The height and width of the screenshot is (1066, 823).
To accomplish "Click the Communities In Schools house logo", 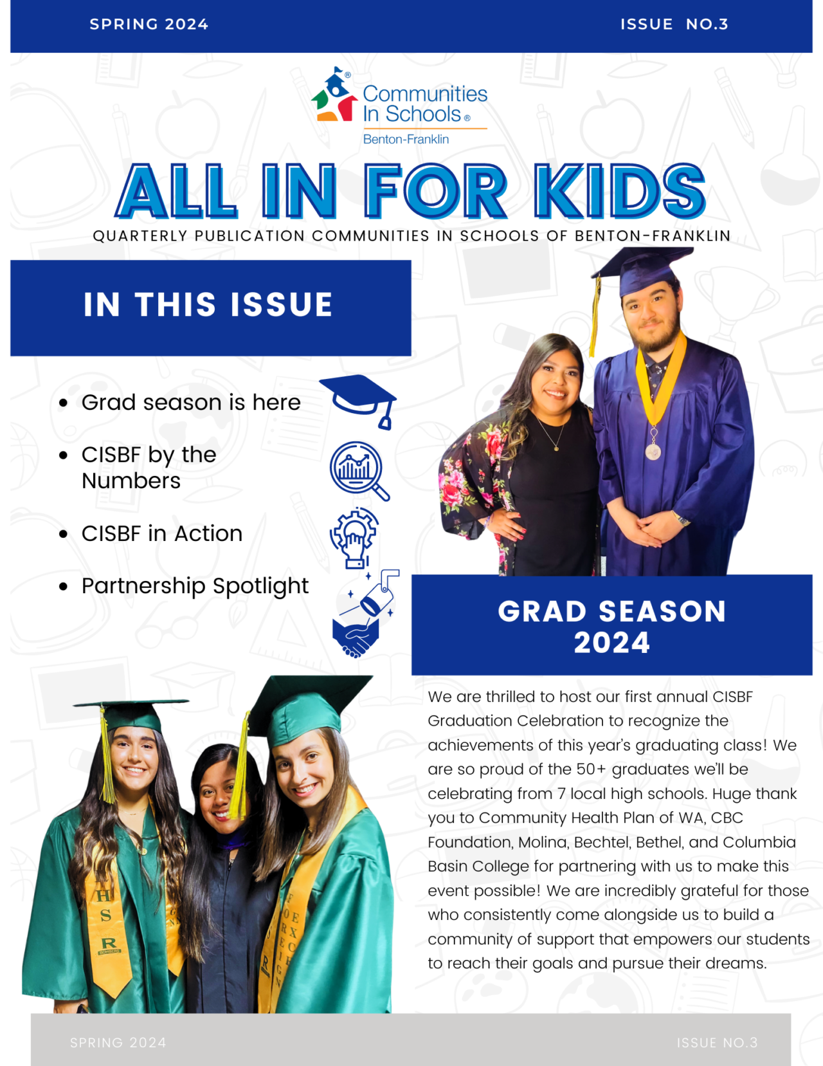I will click(334, 96).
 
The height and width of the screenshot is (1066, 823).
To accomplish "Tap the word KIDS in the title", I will click(620, 191).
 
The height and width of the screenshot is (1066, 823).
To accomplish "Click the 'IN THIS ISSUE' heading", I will click(208, 304).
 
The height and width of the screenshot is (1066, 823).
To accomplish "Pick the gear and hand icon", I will click(354, 537).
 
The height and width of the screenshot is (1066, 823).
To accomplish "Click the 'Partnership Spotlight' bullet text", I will click(195, 586).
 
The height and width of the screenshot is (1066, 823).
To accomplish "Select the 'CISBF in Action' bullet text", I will click(162, 533).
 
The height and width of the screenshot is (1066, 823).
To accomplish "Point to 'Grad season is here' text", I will click(191, 402).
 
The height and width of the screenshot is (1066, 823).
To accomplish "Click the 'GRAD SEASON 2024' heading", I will click(611, 626).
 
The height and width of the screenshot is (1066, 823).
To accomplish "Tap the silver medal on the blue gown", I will click(653, 452).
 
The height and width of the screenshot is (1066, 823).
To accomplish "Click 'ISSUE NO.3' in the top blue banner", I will click(674, 24).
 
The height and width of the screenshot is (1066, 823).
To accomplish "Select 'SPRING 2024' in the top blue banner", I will click(149, 24).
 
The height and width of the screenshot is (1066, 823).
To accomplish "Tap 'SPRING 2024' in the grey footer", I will click(118, 1042).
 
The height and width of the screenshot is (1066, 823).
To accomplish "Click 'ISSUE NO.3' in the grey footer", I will click(717, 1042).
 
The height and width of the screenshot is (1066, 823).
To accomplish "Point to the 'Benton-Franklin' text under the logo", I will click(406, 140).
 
